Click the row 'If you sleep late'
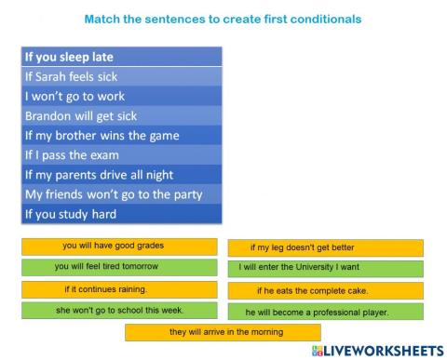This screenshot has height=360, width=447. [120, 57]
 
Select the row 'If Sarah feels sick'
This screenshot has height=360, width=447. [120, 76]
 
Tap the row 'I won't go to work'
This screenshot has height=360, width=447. [120, 96]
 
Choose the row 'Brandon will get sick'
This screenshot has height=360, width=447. [120, 115]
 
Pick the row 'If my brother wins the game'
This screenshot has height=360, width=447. [120, 135]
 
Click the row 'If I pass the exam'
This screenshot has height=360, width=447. [120, 154]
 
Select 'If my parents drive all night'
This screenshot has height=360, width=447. [120, 174]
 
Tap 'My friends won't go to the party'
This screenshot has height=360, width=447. [120, 194]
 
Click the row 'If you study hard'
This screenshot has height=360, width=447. [120, 214]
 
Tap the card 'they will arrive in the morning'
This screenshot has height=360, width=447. [223, 332]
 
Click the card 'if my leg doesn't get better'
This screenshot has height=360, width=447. [325, 247]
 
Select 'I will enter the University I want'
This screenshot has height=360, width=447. [325, 269]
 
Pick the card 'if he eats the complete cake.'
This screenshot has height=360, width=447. [325, 290]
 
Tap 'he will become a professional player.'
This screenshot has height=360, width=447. [325, 312]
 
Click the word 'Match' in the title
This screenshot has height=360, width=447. [102, 19]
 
